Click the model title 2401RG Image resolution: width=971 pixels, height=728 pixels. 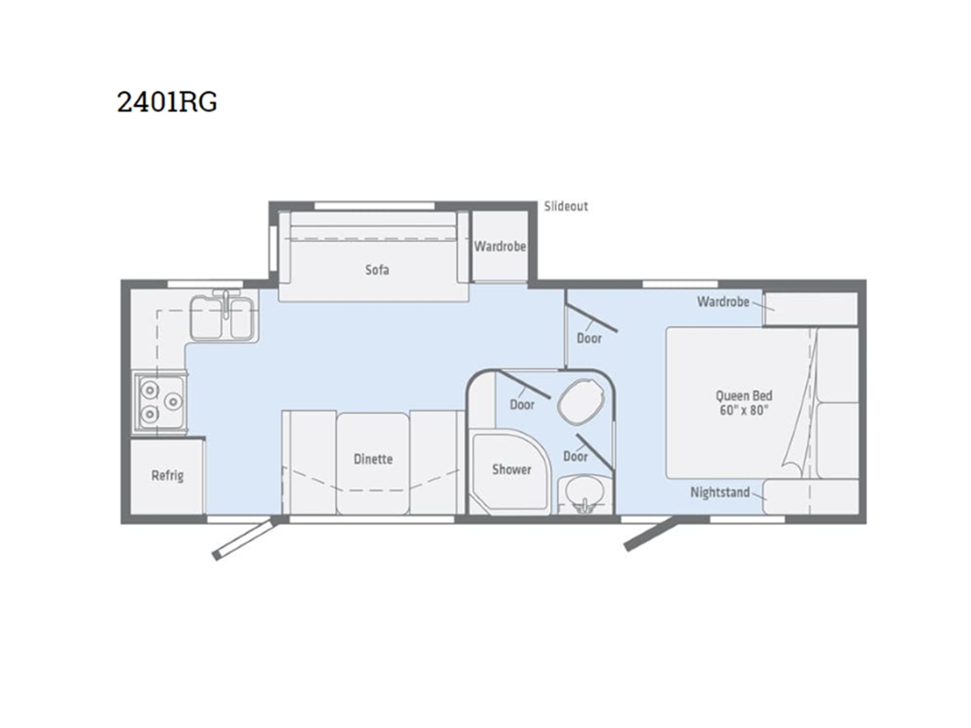point(167,102)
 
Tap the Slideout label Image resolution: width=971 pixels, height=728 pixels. point(566,206)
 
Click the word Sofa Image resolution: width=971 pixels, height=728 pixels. point(377,269)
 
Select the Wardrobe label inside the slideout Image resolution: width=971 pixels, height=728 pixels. point(500,246)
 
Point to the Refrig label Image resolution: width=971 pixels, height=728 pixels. point(167,476)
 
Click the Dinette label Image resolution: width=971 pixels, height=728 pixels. point(373,459)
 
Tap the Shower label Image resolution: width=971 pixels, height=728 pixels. point(511,469)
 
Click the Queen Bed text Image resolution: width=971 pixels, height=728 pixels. point(744,396)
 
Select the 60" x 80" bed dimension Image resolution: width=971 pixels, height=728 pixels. point(744,410)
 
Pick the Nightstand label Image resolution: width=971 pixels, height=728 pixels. point(719,493)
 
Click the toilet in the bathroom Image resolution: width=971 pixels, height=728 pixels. point(580,401)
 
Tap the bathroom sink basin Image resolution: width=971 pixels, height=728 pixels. point(584,494)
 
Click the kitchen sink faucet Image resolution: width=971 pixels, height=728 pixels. point(226,303)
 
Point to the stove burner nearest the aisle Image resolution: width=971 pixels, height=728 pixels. point(173,401)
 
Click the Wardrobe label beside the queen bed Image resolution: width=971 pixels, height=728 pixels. point(723,302)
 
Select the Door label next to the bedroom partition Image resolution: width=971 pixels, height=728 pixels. point(589,339)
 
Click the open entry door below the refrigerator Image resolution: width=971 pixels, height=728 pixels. point(246,538)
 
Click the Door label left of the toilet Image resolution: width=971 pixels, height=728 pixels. point(522,404)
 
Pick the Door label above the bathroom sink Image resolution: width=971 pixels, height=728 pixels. point(575,456)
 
